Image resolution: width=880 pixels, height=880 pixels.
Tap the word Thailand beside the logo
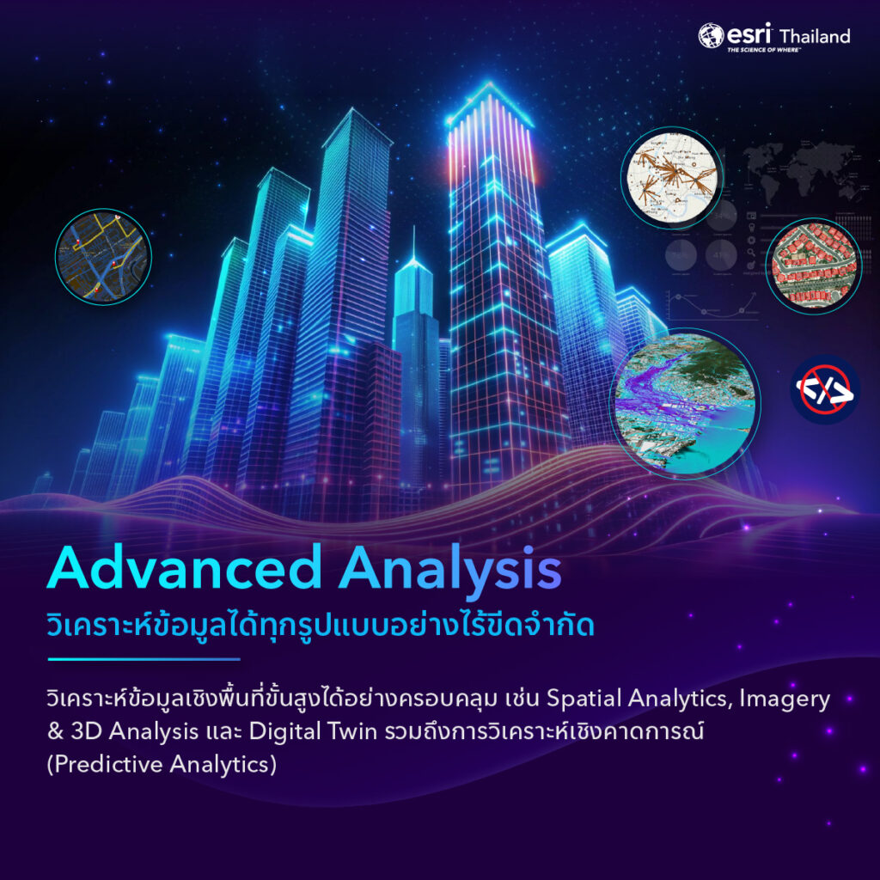point(814,36)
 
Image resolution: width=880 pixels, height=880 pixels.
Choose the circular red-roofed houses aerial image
point(812,266)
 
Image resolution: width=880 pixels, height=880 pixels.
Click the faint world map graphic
point(799,173)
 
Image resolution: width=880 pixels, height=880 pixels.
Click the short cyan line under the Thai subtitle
point(144,660)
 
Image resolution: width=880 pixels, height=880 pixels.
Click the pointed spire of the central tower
point(413,245)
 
